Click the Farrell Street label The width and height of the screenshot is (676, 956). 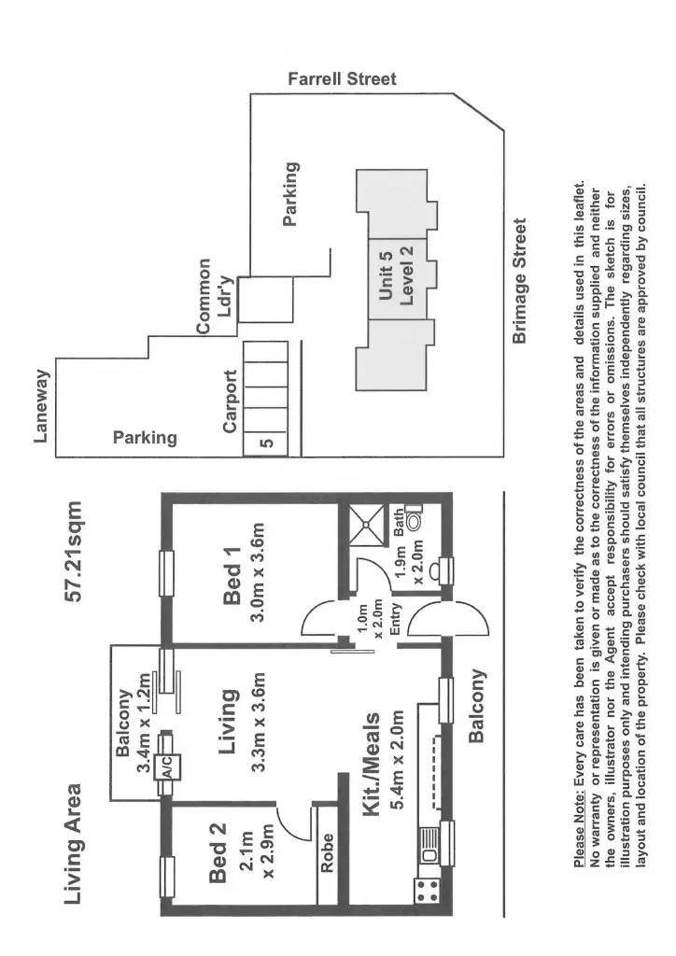(342, 79)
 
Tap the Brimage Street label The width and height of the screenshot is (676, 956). (521, 281)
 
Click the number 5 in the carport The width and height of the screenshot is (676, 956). (265, 443)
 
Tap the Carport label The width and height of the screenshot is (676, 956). (230, 401)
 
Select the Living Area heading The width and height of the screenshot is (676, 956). (77, 843)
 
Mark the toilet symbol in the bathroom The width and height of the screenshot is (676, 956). (415, 522)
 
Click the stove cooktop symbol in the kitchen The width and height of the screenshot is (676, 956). (427, 891)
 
